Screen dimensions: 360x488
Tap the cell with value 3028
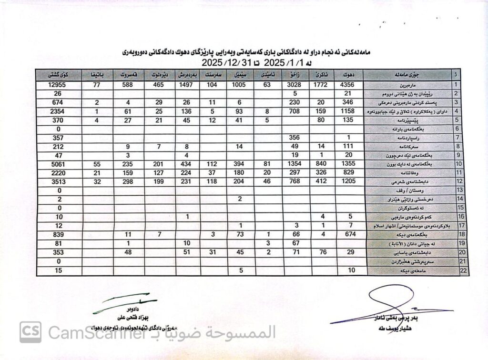coord(295,84)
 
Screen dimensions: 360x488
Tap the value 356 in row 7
coord(295,138)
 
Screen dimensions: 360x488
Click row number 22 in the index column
coord(456,271)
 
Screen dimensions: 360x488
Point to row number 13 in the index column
coord(456,190)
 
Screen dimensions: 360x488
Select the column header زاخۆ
coord(295,75)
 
